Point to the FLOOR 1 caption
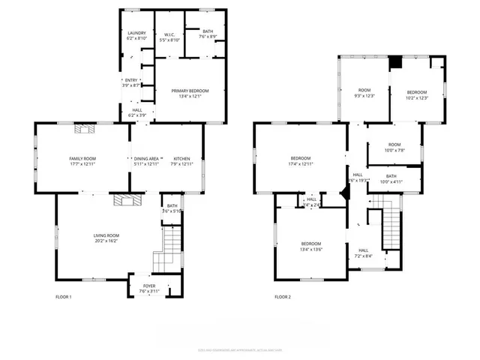tap(64, 298)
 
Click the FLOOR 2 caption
tap(282, 298)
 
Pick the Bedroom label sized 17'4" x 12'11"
tap(301, 160)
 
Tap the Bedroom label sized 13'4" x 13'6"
tap(311, 246)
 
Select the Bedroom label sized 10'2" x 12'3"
tap(416, 94)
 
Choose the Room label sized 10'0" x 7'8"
tap(394, 147)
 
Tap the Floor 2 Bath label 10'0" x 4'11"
tap(391, 178)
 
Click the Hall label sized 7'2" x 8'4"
tap(363, 253)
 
